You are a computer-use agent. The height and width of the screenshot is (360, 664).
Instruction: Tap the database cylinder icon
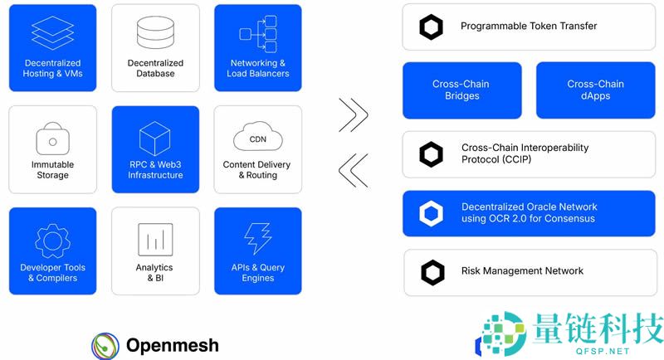pos(155,32)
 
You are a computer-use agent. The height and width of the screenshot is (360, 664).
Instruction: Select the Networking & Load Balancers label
pos(257,68)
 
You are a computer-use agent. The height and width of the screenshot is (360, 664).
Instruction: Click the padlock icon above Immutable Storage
pos(52,137)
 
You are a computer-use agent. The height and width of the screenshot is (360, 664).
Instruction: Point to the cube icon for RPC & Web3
pos(155,136)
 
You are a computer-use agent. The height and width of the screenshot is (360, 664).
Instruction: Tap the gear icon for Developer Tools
pos(52,240)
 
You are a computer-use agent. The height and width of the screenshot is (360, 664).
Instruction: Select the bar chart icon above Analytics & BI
pos(155,240)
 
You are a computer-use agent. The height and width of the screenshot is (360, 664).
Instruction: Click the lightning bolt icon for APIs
pos(257,239)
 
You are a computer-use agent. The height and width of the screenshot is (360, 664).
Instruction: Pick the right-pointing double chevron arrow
pos(354,115)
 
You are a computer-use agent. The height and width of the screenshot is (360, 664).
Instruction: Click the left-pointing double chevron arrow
pos(354,169)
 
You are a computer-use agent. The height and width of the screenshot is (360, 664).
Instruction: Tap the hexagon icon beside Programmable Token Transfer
pos(432,27)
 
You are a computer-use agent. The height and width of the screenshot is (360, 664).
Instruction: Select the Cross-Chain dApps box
pos(595,90)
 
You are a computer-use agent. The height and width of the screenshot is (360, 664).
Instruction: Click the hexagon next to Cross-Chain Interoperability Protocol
pos(432,154)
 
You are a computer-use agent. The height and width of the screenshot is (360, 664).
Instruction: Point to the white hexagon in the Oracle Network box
pos(432,214)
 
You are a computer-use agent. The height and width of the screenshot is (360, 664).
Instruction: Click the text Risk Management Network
pos(522,271)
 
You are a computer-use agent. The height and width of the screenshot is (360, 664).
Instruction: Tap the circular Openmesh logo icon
pos(105,344)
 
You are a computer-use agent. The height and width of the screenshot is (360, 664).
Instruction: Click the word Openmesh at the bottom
pos(173,344)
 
